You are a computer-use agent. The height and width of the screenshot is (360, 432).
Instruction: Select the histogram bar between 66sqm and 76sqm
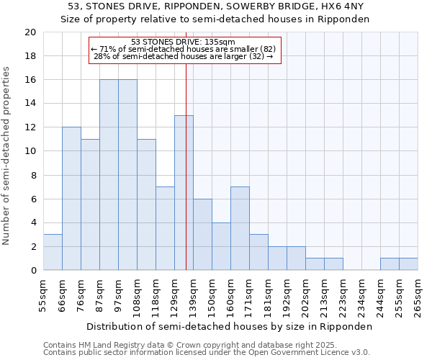point(71,199)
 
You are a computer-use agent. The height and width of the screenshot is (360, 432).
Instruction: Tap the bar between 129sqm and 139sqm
point(184,193)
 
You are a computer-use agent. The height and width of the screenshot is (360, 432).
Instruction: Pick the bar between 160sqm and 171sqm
point(240,228)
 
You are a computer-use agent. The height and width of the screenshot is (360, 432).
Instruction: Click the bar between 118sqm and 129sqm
point(165,228)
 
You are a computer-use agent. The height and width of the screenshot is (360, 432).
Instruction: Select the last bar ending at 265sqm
point(408,264)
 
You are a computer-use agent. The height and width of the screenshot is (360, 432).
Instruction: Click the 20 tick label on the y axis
point(30,32)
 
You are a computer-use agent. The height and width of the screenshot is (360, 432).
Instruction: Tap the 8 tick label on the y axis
point(32,175)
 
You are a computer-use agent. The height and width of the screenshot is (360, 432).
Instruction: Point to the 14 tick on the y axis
point(30,104)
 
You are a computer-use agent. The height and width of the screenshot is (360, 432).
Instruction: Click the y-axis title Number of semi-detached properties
point(7,156)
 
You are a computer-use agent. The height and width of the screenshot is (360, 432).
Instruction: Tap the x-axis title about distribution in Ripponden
point(228,326)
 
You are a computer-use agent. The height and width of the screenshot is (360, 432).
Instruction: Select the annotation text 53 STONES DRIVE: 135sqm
point(184,42)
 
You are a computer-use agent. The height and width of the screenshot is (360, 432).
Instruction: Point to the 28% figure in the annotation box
point(101,56)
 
